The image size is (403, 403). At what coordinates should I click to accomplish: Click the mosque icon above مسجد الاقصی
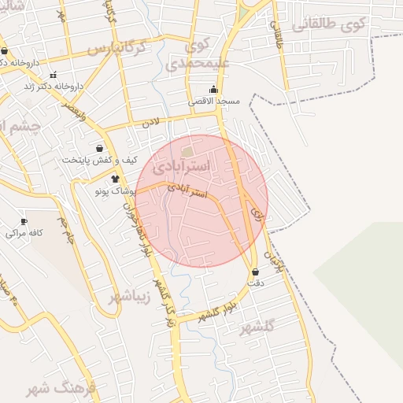pyautogui.click(x=214, y=89)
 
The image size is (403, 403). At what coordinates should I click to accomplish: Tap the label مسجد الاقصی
pyautogui.click(x=215, y=102)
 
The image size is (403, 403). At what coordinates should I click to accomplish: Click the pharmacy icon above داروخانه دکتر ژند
pyautogui.click(x=53, y=75)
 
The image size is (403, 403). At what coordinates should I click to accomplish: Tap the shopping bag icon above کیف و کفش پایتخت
pyautogui.click(x=99, y=147)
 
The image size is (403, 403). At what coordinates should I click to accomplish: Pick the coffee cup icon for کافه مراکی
pyautogui.click(x=24, y=221)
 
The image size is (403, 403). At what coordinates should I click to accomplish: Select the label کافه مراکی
pyautogui.click(x=24, y=233)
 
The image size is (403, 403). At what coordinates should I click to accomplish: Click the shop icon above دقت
pyautogui.click(x=255, y=272)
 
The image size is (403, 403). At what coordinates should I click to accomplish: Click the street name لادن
pyautogui.click(x=150, y=123)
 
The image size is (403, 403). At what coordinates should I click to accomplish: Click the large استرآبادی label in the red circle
pyautogui.click(x=182, y=167)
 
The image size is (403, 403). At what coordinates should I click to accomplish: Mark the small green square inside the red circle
pyautogui.click(x=187, y=150)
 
